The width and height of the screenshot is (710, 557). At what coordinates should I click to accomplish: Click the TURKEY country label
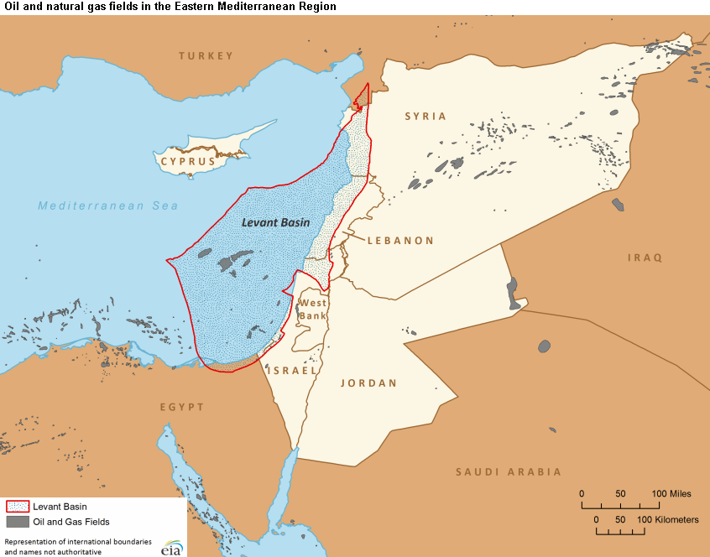pyautogui.click(x=206, y=56)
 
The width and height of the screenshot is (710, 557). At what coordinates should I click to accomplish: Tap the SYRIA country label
pyautogui.click(x=425, y=117)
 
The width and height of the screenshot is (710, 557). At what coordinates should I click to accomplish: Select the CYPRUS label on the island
pyautogui.click(x=189, y=161)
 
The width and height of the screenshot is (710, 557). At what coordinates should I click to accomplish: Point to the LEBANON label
pyautogui.click(x=400, y=240)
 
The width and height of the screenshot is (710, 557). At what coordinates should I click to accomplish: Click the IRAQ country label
pyautogui.click(x=645, y=258)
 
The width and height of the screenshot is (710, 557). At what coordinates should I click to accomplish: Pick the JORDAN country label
pyautogui.click(x=368, y=383)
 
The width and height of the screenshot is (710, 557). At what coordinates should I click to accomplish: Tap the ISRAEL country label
pyautogui.click(x=292, y=370)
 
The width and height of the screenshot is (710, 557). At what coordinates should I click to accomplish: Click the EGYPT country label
pyautogui.click(x=182, y=407)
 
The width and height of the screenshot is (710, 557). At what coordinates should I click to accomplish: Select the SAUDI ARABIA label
pyautogui.click(x=509, y=472)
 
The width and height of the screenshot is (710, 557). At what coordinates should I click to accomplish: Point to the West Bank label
pyautogui.click(x=313, y=309)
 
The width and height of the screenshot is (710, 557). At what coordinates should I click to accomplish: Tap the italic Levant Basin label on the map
pyautogui.click(x=275, y=223)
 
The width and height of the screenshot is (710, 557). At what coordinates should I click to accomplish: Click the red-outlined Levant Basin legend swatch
pyautogui.click(x=18, y=507)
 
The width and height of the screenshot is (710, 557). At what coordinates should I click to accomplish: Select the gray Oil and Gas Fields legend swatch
pyautogui.click(x=18, y=522)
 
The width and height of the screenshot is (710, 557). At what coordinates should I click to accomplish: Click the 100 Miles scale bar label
pyautogui.click(x=671, y=493)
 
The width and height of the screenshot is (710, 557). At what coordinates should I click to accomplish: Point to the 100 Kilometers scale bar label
pyautogui.click(x=671, y=520)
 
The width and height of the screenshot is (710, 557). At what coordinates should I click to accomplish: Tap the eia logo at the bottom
pyautogui.click(x=172, y=546)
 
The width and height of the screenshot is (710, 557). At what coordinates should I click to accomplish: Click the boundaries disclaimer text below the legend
pyautogui.click(x=77, y=546)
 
